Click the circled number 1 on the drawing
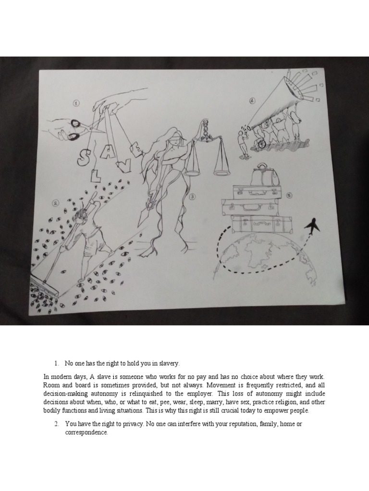coord(76,104)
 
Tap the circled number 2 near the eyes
coord(55,203)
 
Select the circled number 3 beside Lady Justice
coord(192,196)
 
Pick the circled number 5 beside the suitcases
coord(289,195)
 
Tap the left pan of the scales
coord(192,171)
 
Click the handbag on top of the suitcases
coord(265,175)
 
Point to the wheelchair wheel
coord(261,143)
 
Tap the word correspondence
coord(86,433)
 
